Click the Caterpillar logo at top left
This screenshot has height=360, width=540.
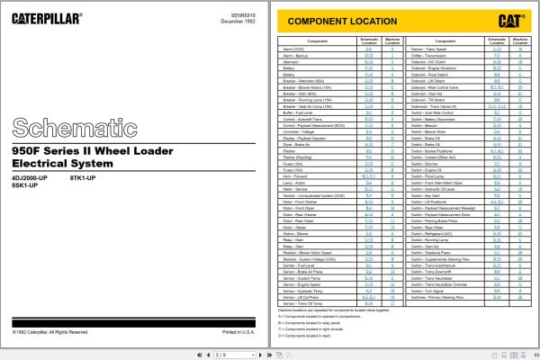point(46,16)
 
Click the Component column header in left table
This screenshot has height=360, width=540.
point(318,40)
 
